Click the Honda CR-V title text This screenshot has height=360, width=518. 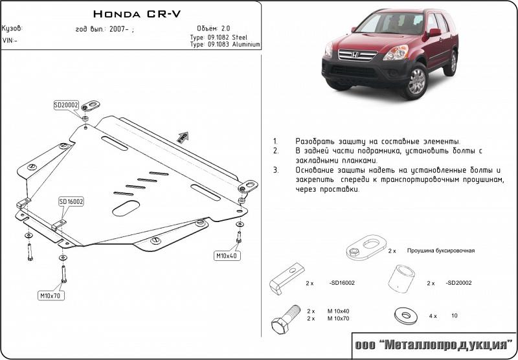[x=137, y=14]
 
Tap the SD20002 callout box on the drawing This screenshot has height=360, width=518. [x=66, y=106]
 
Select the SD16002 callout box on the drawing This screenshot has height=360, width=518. [x=71, y=201]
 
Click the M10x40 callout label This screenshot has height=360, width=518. [x=227, y=256]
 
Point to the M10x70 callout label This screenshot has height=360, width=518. [x=51, y=296]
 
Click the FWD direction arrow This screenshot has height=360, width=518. [x=183, y=137]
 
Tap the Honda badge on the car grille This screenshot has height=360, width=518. [x=355, y=54]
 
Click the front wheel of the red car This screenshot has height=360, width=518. [x=416, y=81]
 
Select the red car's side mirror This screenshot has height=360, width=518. [x=434, y=32]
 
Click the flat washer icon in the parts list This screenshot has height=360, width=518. [x=406, y=316]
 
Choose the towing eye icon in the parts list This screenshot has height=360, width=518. [x=366, y=247]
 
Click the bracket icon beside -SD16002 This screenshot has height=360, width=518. [x=287, y=278]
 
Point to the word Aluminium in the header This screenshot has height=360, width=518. [x=246, y=45]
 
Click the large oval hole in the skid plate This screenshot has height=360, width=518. [x=126, y=208]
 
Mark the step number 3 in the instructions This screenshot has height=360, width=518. [x=276, y=170]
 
